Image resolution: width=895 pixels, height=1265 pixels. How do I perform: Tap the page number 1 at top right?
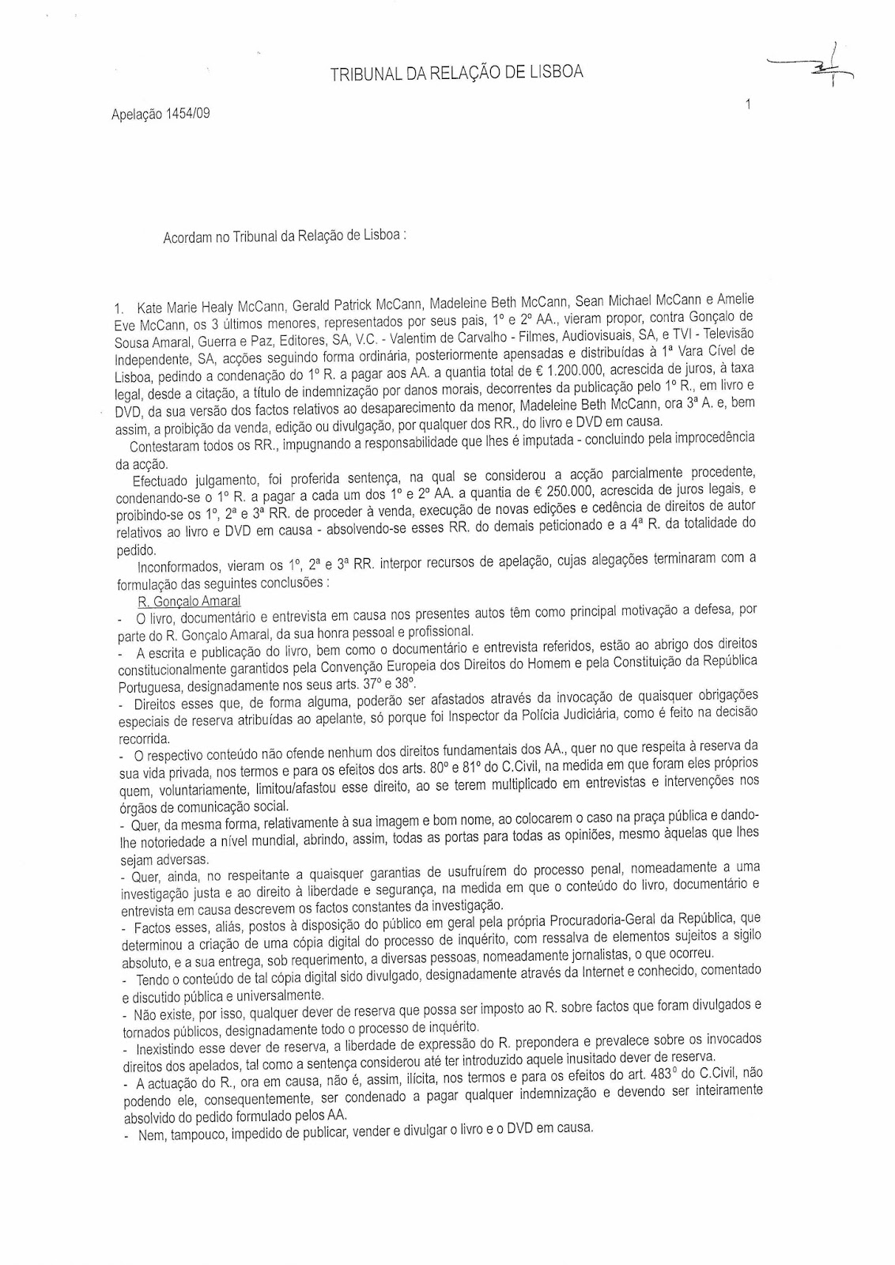point(746,103)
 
